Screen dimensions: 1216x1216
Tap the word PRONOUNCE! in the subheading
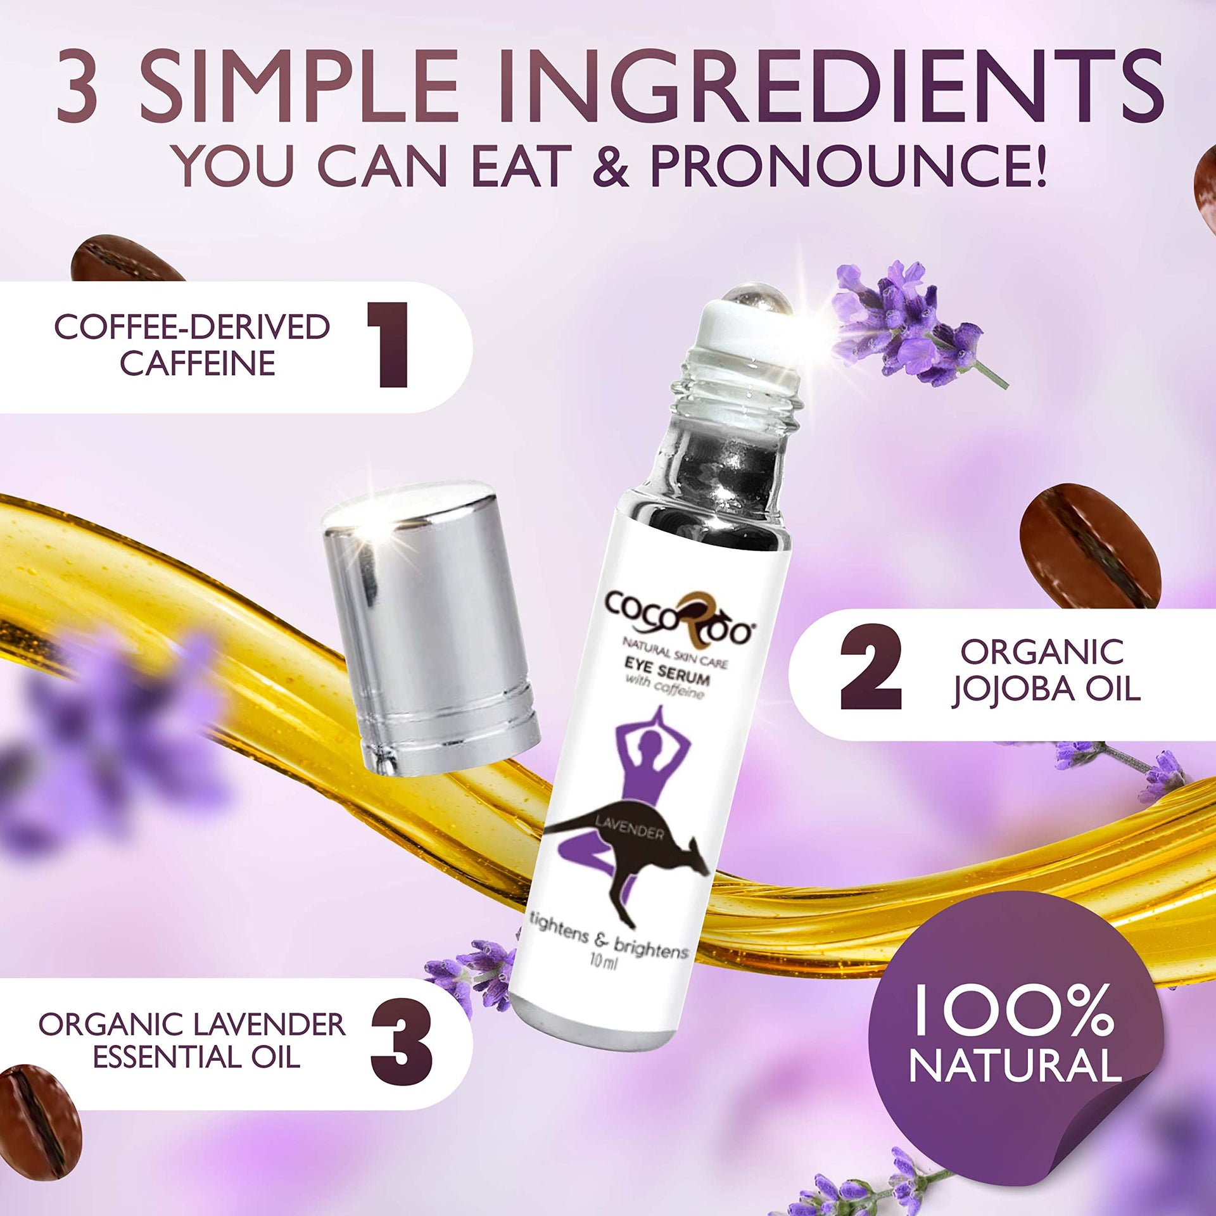pos(847,165)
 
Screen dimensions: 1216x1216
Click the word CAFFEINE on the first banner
pos(198,363)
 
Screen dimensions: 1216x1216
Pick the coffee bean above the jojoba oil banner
pos(1090,545)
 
